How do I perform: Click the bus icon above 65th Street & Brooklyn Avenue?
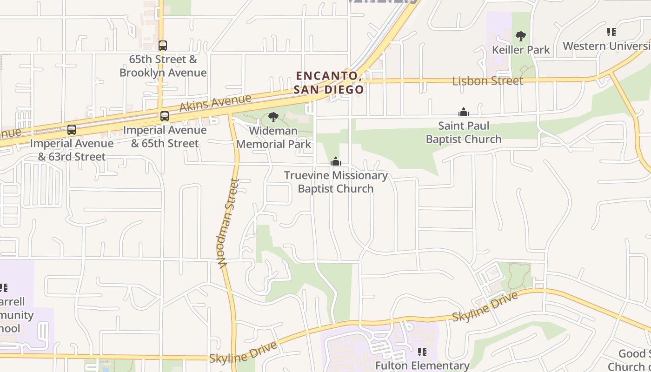(162, 46)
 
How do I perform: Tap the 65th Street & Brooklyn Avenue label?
(163, 66)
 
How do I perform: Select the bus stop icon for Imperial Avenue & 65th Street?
(165, 116)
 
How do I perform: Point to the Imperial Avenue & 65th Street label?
(165, 137)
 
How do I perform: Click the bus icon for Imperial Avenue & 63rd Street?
(72, 130)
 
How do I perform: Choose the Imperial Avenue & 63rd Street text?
(72, 150)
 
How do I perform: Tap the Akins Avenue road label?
(215, 103)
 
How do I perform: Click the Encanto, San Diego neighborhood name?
(328, 82)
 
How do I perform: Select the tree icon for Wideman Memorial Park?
(273, 117)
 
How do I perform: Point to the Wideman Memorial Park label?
(273, 138)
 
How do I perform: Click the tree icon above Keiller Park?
(521, 36)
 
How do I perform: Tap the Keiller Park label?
(521, 50)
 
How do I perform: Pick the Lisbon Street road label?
(488, 81)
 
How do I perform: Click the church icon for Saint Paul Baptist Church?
(464, 112)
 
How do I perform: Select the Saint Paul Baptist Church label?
(464, 133)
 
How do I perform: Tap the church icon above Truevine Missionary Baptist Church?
(335, 162)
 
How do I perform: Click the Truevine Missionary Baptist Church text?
(335, 182)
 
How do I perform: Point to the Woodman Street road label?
(228, 223)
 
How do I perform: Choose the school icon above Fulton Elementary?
(422, 352)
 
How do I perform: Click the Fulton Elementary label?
(422, 366)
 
